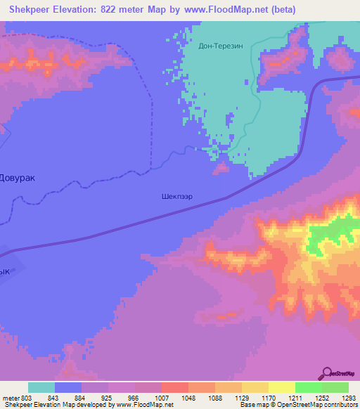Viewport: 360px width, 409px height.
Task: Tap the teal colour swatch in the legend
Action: pos(41,387)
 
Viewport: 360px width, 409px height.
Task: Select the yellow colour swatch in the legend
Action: pos(281,387)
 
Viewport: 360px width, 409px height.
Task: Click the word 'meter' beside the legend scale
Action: pos(9,398)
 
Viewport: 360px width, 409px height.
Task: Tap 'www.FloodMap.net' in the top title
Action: pos(227,10)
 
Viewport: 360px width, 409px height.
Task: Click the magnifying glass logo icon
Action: pos(326,373)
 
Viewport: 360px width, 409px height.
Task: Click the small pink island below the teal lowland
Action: pos(221,168)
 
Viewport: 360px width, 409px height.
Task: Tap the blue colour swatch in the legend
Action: pos(68,387)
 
